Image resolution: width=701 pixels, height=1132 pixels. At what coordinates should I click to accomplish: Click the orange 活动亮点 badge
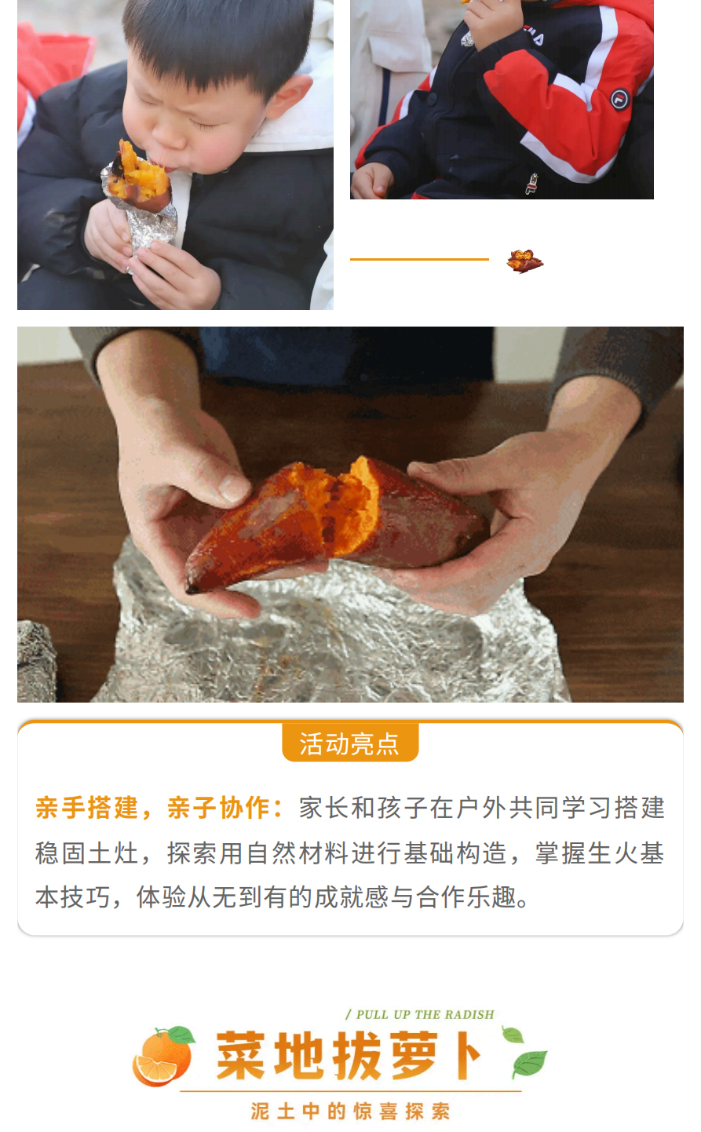[x=350, y=743]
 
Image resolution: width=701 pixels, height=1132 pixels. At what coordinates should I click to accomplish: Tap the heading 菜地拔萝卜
[x=349, y=1056]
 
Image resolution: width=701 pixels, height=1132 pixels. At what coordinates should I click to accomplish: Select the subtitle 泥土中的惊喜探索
[x=350, y=1112]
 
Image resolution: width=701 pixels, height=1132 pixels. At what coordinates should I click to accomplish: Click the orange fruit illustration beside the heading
[x=162, y=1057]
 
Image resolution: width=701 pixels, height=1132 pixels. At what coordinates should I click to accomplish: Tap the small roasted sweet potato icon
[x=524, y=261]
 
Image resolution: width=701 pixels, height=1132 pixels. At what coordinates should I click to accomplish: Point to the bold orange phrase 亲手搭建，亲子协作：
[x=159, y=808]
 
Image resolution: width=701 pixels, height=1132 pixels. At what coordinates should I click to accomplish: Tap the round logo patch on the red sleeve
[x=619, y=99]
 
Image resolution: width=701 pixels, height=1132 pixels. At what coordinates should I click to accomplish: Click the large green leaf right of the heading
[x=529, y=1063]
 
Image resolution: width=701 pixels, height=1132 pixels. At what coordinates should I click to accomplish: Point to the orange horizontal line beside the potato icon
[x=419, y=259]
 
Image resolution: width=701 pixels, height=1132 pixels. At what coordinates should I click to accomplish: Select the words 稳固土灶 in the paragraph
[x=86, y=853]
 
